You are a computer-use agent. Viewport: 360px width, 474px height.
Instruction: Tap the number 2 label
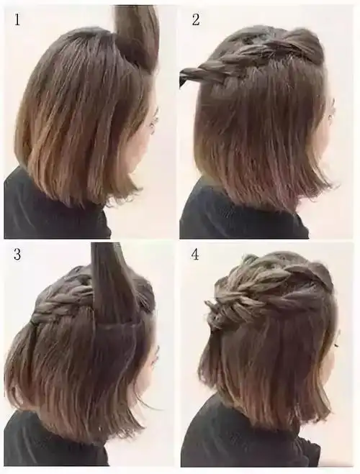coord(195,19)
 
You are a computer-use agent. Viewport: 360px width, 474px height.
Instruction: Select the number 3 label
coord(16,255)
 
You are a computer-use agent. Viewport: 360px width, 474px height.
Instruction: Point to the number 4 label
coord(195,255)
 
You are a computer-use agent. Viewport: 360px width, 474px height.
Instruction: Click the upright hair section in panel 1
coord(137,32)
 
